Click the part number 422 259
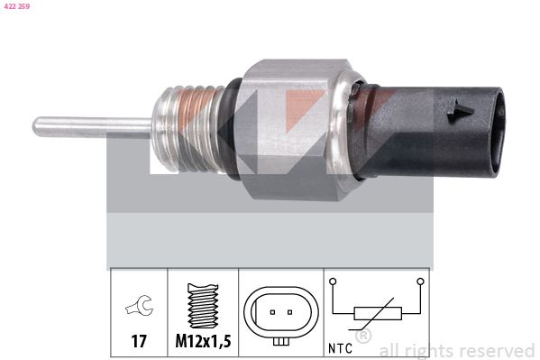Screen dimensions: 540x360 16,6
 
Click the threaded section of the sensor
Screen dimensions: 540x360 188,129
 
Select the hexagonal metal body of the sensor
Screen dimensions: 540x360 289,129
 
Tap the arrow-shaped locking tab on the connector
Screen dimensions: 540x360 460,111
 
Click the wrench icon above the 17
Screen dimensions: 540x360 140,306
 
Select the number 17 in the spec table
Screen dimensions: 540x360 139,341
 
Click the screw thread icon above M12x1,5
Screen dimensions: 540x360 203,306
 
